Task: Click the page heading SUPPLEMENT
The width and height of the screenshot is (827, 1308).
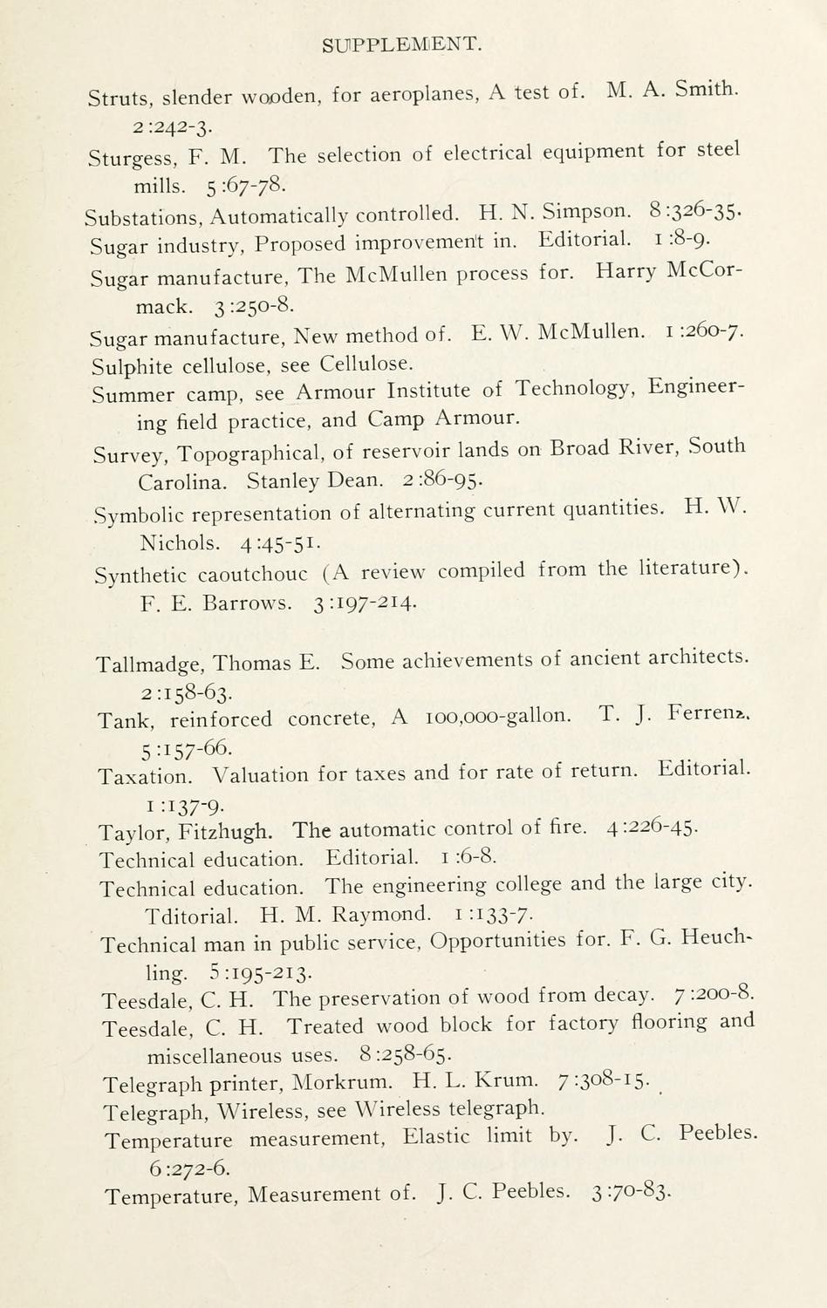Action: point(401,44)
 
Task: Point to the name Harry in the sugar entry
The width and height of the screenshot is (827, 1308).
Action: point(625,272)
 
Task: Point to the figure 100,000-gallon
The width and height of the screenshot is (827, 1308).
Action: point(497,717)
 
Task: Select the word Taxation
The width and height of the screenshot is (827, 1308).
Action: point(145,776)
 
